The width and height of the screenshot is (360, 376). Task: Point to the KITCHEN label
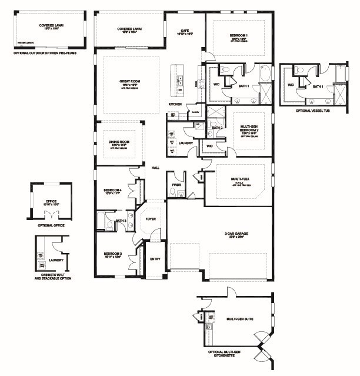(x=175, y=104)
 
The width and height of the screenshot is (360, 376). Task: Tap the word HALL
(x=156, y=168)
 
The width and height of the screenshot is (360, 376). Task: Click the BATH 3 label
(x=121, y=221)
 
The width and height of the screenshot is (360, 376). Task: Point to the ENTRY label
(x=155, y=258)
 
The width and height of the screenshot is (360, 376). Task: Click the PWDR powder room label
(x=176, y=184)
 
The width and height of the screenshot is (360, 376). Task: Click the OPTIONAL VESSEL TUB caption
(x=311, y=111)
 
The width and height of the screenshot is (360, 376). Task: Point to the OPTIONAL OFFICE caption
(x=51, y=225)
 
